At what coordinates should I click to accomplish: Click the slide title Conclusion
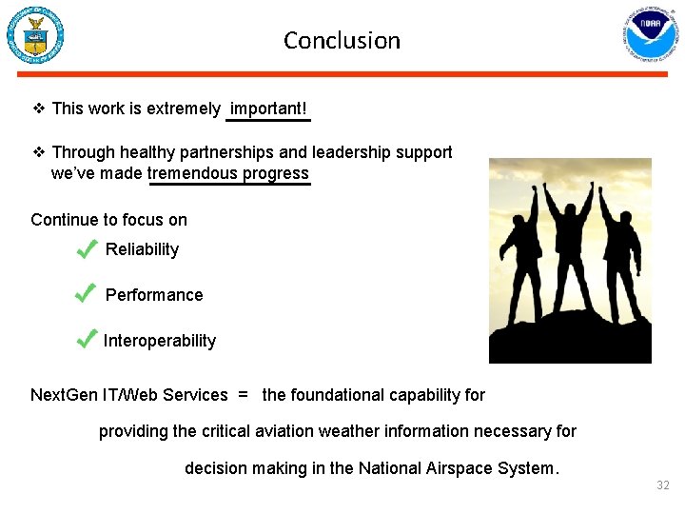pyautogui.click(x=342, y=41)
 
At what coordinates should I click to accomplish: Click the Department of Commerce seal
pyautogui.click(x=35, y=34)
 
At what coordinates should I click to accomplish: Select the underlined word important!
pyautogui.click(x=268, y=109)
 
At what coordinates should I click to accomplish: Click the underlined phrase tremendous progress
pyautogui.click(x=229, y=173)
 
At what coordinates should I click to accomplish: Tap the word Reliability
pyautogui.click(x=142, y=249)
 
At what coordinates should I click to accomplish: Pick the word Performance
pyautogui.click(x=154, y=295)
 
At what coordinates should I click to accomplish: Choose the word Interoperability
pyautogui.click(x=160, y=341)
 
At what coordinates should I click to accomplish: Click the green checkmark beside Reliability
pyautogui.click(x=86, y=249)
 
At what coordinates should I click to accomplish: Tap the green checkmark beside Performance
pyautogui.click(x=86, y=292)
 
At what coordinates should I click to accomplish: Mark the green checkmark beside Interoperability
pyautogui.click(x=86, y=339)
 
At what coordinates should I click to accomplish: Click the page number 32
pyautogui.click(x=662, y=485)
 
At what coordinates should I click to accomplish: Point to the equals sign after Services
pyautogui.click(x=244, y=395)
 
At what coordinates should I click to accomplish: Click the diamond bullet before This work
pyautogui.click(x=39, y=109)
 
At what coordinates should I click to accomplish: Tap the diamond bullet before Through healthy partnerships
pyautogui.click(x=39, y=152)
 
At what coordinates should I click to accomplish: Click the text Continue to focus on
pyautogui.click(x=108, y=220)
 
